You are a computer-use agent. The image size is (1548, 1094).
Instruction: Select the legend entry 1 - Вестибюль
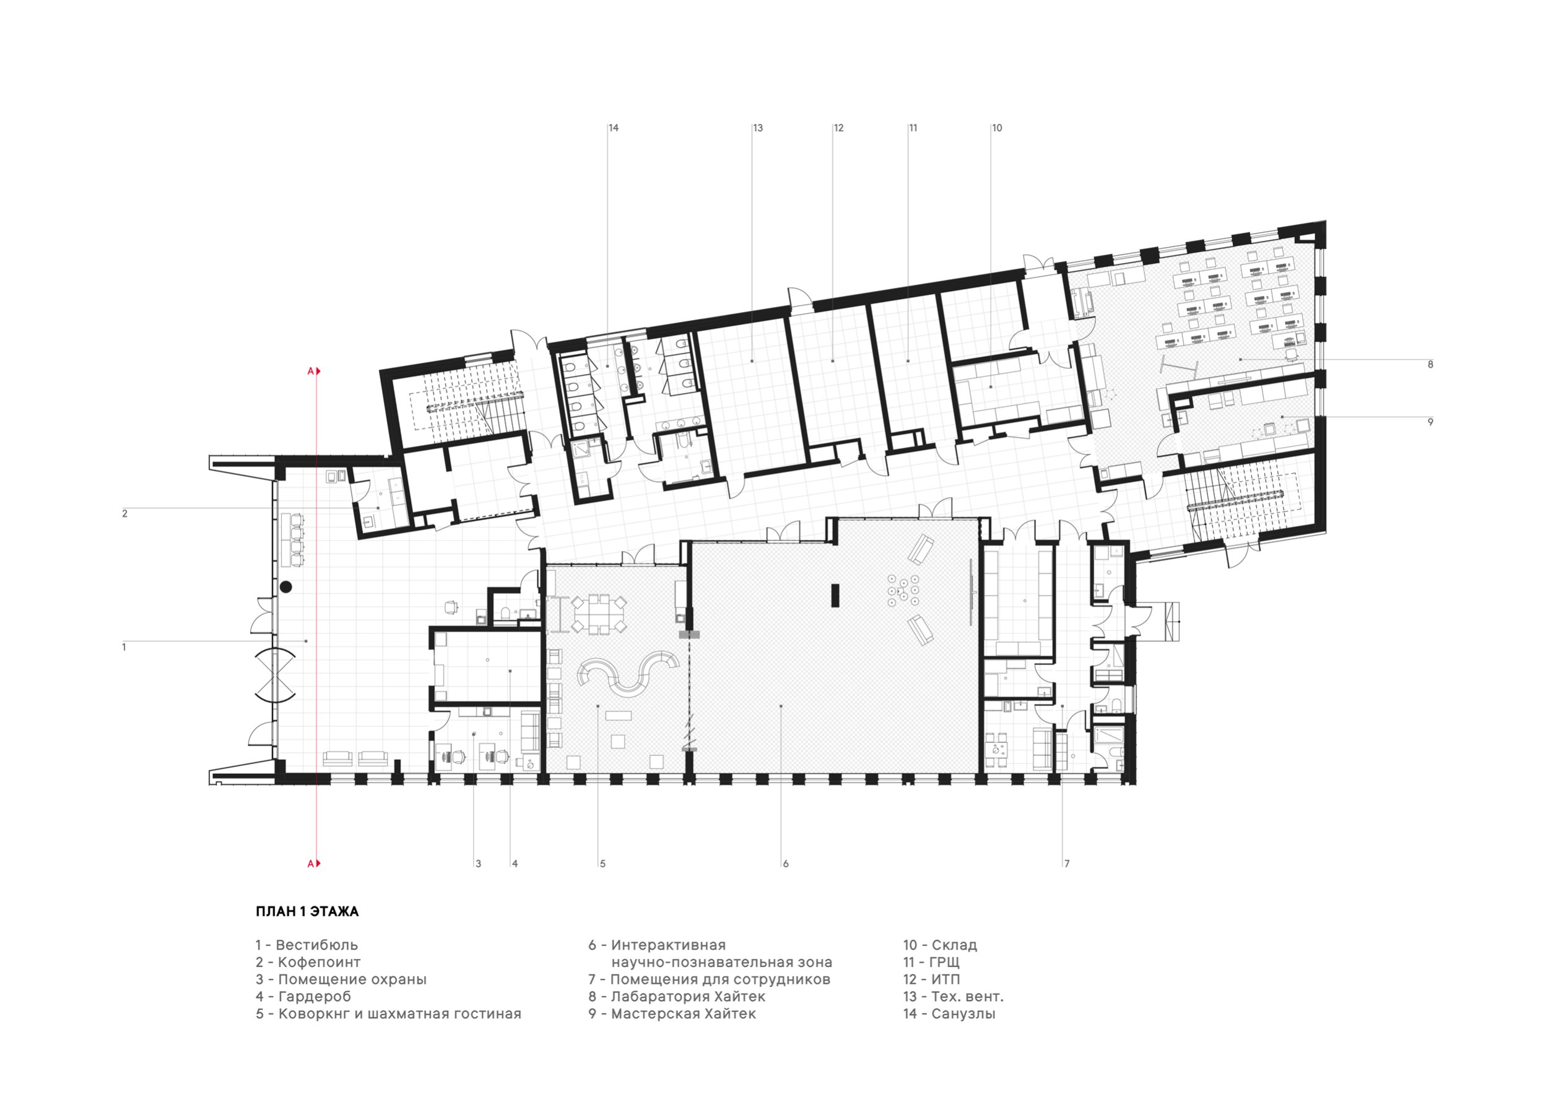click(x=307, y=945)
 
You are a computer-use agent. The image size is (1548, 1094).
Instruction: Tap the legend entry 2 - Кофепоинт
click(x=308, y=963)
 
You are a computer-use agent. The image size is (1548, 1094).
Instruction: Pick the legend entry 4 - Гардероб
click(x=303, y=996)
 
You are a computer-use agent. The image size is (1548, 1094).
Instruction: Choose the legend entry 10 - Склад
click(x=941, y=945)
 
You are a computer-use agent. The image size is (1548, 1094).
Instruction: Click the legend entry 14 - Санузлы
click(x=949, y=1014)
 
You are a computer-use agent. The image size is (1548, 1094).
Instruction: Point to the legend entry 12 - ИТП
click(x=932, y=979)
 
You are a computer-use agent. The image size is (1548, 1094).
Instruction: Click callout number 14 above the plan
click(x=614, y=128)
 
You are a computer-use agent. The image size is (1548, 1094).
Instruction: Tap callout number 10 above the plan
click(x=997, y=128)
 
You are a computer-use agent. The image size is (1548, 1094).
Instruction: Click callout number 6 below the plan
click(x=786, y=864)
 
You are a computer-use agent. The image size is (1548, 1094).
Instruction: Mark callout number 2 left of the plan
click(x=124, y=514)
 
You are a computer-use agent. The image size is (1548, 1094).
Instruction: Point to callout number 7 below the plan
click(x=1068, y=864)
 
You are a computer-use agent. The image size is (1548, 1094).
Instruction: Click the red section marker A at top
click(x=311, y=371)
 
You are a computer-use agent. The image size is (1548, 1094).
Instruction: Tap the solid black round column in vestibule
click(x=286, y=587)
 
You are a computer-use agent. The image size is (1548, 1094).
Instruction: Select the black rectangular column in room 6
click(x=835, y=596)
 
